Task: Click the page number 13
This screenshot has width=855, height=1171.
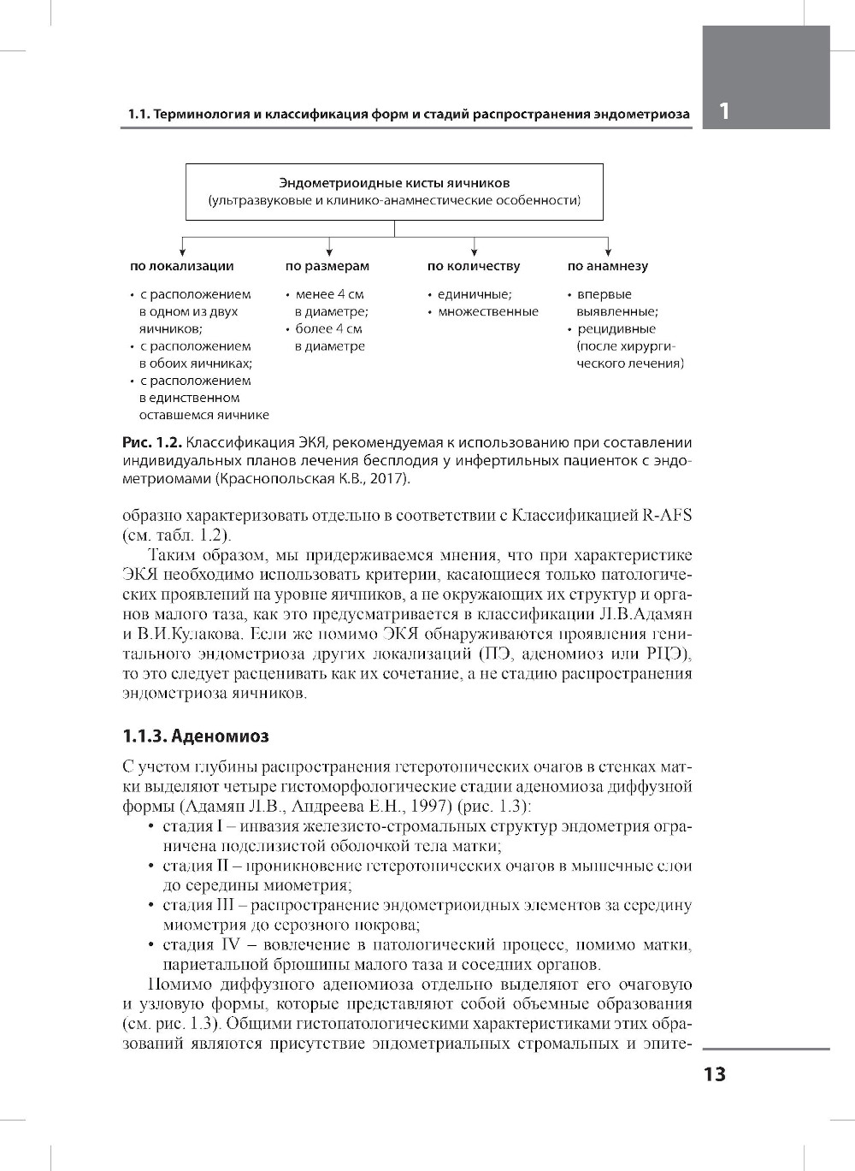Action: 714,1075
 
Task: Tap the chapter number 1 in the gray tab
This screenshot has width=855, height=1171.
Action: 725,111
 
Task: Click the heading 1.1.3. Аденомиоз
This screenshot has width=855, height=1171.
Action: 196,736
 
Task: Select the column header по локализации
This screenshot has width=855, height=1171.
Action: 181,266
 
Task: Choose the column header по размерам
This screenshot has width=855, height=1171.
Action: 327,266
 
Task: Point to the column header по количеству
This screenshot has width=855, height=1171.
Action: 474,266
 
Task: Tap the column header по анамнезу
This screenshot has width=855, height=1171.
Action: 608,266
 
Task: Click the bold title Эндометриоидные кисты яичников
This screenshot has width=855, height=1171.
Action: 394,183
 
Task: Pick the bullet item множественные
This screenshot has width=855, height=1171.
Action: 488,311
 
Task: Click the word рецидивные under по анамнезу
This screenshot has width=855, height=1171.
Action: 616,328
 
